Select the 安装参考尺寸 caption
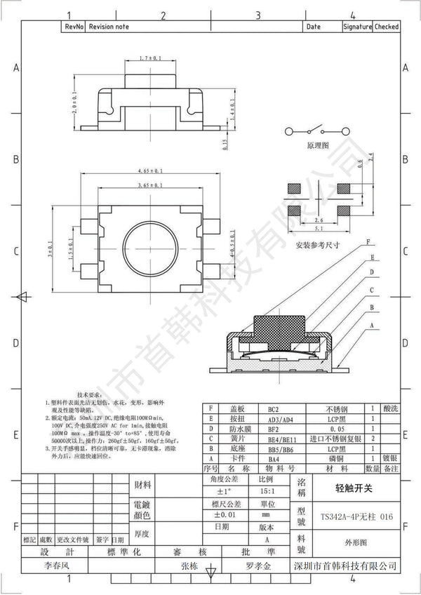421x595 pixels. pyautogui.click(x=317, y=246)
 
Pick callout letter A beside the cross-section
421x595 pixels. pyautogui.click(x=370, y=326)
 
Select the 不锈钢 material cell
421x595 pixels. pyautogui.click(x=338, y=408)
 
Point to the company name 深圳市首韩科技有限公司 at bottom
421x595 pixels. pyautogui.click(x=344, y=566)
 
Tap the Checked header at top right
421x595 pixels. pyautogui.click(x=387, y=27)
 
